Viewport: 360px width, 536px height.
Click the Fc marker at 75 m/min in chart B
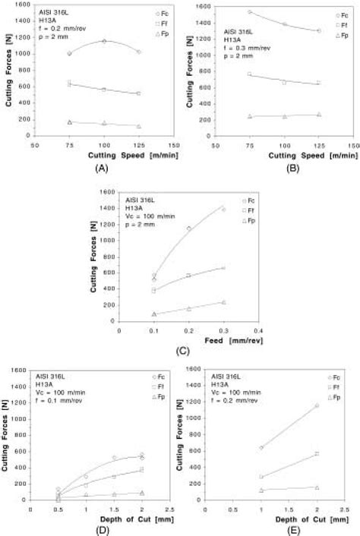(x=249, y=12)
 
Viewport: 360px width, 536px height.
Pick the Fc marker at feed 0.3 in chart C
(x=223, y=210)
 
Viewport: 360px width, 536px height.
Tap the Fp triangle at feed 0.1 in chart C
(x=154, y=314)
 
